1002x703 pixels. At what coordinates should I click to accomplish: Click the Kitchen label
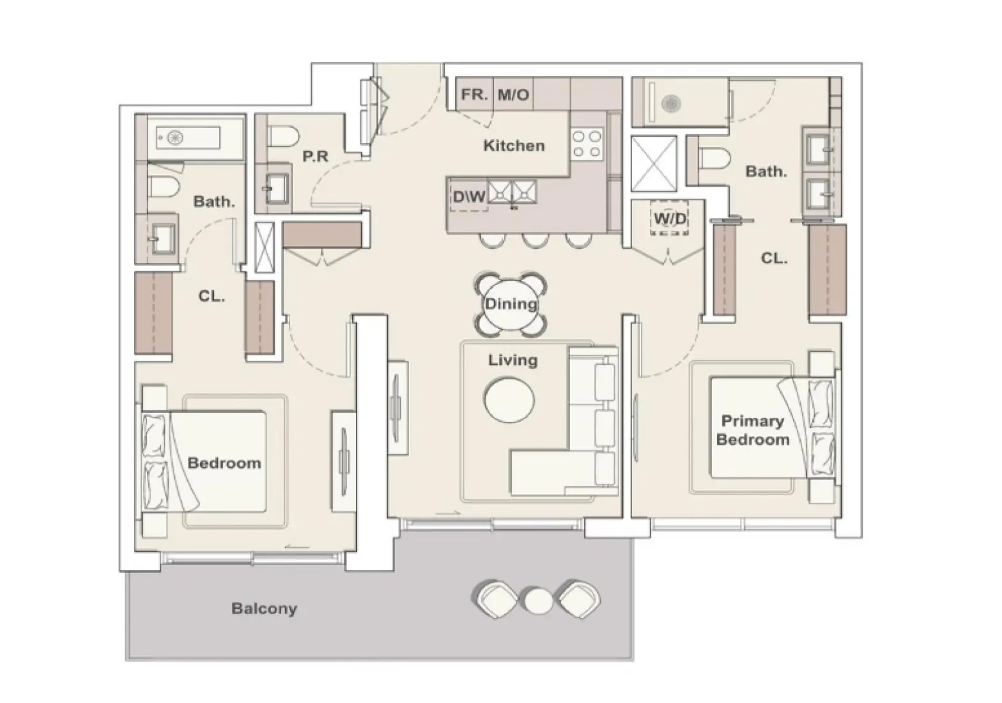point(514,146)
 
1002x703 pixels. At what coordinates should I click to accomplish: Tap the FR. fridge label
point(474,95)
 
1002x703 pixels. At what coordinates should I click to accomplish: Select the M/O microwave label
point(513,95)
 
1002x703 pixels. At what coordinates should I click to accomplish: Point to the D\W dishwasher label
point(469,196)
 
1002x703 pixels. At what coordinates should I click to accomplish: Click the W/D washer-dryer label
point(670,219)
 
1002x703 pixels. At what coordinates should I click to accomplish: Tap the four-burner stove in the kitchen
point(587,143)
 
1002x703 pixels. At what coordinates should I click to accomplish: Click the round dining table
point(511,304)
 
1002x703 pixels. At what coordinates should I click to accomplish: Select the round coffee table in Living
point(509,400)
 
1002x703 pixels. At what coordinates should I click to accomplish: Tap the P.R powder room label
point(316,156)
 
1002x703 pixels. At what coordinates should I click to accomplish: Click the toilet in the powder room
point(283,137)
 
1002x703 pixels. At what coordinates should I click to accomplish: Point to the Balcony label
point(264,608)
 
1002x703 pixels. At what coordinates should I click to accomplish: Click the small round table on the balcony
point(539,601)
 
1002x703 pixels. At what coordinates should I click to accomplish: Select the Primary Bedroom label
point(753,431)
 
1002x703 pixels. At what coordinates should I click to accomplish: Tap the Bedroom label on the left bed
point(224,463)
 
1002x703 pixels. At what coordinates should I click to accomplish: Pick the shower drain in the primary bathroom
point(671,104)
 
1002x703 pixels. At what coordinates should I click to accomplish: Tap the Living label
point(513,360)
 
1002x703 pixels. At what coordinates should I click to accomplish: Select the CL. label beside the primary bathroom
point(774,258)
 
